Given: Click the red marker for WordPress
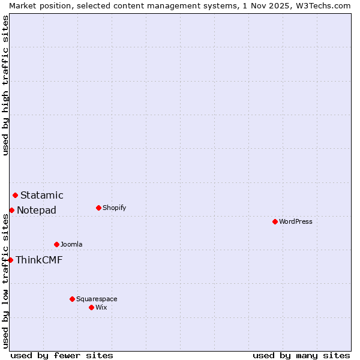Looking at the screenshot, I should click(x=275, y=221).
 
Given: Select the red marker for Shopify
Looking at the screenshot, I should click(x=98, y=208).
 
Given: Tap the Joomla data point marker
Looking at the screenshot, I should click(x=56, y=244).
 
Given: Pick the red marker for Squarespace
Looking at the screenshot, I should click(x=72, y=299).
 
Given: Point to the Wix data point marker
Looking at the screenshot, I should click(x=91, y=307).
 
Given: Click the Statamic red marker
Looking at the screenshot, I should click(x=15, y=195).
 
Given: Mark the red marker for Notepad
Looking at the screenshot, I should click(x=11, y=210).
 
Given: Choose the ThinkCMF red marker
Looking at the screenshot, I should click(x=10, y=260).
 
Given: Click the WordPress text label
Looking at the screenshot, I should click(x=296, y=221).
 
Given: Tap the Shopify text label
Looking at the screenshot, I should click(x=114, y=208).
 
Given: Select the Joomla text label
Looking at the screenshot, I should click(x=71, y=244).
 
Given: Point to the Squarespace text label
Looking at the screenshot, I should click(x=97, y=299).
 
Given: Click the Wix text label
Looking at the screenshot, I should click(x=101, y=307).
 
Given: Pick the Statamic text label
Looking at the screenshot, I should click(x=42, y=195).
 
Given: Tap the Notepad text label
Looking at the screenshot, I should click(x=37, y=210).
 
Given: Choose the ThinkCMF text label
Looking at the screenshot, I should click(x=39, y=260).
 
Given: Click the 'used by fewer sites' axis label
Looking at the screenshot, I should click(x=62, y=355).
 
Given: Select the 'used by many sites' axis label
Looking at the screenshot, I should click(x=301, y=355).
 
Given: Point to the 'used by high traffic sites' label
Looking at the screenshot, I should click(x=5, y=85).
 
